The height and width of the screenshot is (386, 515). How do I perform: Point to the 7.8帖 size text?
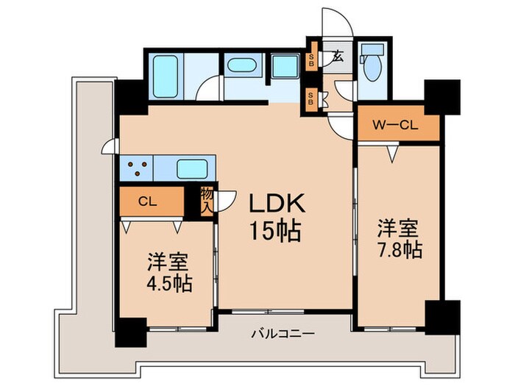(400, 250)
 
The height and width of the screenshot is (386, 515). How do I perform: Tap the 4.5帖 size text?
(169, 284)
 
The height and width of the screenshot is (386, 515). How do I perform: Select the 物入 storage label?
(207, 201)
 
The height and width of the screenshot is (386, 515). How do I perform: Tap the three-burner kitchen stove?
(137, 169)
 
